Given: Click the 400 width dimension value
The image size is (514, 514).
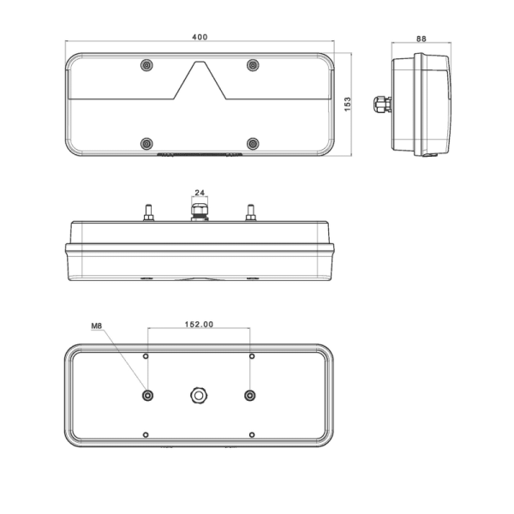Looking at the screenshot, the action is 200,37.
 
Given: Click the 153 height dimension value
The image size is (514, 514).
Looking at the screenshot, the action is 348,105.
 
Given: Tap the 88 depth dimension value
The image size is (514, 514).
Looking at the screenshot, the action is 421,39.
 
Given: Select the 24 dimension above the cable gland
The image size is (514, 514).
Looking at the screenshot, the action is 200,193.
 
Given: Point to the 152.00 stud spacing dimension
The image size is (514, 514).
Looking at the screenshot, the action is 199,324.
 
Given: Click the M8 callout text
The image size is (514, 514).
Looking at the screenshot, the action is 96,326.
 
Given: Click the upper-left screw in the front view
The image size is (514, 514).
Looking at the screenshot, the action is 146,65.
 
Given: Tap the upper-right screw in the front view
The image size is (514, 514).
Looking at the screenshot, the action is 253,65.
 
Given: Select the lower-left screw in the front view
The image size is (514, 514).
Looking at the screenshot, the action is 146,144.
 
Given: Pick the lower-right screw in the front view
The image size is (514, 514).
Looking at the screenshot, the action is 253,144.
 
